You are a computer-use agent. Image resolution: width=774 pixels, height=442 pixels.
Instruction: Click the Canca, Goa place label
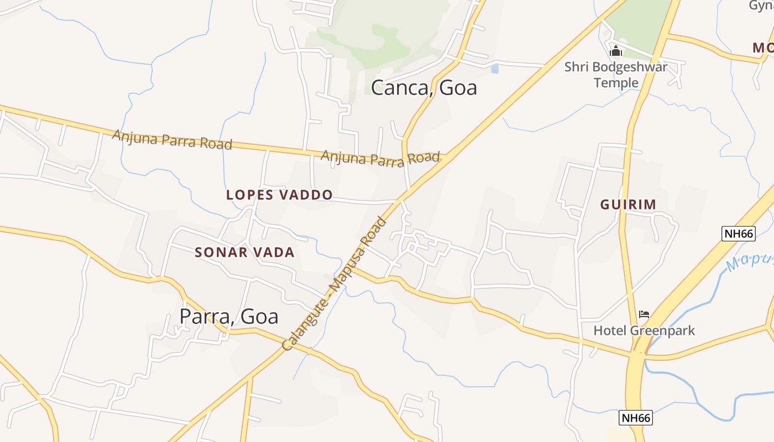423,88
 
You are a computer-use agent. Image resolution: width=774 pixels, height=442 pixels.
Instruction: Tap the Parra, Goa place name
228,317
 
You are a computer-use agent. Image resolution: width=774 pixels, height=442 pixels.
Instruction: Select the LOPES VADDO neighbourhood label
279,194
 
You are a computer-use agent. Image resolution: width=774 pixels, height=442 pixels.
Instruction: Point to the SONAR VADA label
244,252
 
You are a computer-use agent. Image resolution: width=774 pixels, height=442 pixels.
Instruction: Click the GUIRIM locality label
628,204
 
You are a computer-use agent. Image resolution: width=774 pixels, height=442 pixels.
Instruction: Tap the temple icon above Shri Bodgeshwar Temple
616,52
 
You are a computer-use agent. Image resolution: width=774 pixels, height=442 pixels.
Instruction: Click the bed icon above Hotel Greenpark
644,315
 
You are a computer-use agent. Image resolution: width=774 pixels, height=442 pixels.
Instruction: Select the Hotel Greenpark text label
644,331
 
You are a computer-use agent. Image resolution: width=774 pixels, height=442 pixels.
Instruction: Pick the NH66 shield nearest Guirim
739,234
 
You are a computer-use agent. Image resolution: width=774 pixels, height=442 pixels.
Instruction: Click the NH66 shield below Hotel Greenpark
636,418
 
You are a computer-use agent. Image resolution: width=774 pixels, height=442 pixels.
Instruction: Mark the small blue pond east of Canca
494,69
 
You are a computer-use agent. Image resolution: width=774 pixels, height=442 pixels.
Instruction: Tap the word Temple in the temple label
616,83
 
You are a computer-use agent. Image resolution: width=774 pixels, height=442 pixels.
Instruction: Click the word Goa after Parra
258,317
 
